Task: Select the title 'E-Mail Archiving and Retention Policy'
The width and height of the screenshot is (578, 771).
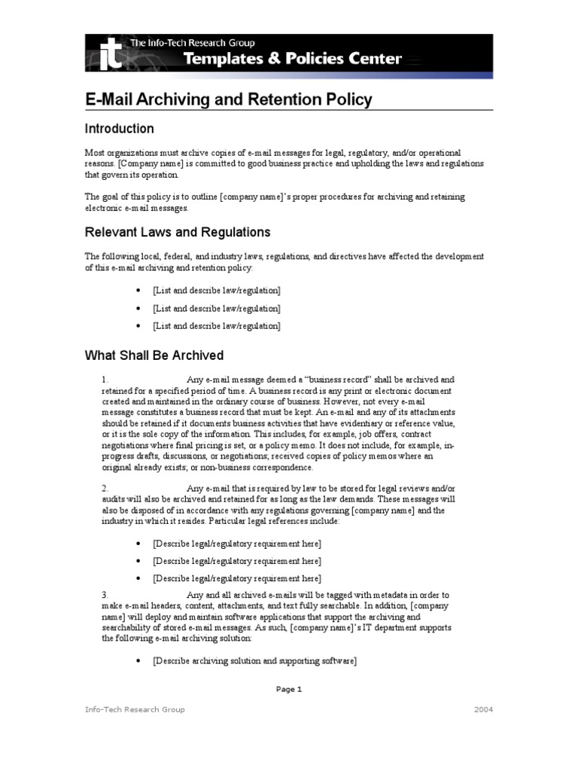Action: click(228, 99)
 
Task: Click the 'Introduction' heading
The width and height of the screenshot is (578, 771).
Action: click(119, 129)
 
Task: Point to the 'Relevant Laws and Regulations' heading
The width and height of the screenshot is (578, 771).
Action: click(177, 232)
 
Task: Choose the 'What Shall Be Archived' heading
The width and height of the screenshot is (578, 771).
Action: click(154, 355)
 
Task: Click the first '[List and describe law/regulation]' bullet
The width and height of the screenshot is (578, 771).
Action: click(216, 290)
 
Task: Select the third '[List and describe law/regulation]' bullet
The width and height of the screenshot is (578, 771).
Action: click(216, 326)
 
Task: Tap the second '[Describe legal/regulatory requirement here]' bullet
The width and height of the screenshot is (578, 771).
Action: click(236, 561)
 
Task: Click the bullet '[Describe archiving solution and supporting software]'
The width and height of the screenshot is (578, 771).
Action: click(254, 660)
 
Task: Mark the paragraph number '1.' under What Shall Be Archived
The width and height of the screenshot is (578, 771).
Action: click(106, 380)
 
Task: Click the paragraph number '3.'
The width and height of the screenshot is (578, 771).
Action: click(106, 594)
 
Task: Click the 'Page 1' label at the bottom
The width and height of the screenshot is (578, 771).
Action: click(288, 689)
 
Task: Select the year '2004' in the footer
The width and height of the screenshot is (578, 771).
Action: click(483, 709)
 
